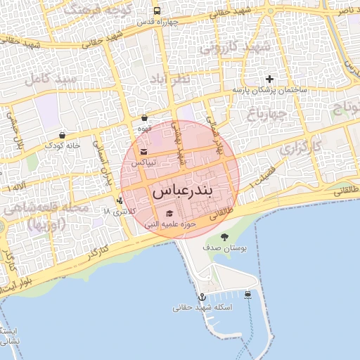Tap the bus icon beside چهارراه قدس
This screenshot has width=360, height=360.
pyautogui.click(x=156, y=11)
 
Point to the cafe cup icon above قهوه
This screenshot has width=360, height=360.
pyautogui.click(x=144, y=118)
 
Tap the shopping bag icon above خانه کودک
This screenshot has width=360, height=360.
pyautogui.click(x=63, y=134)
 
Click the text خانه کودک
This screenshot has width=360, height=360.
pyautogui.click(x=63, y=146)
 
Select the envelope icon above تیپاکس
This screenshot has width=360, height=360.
pyautogui.click(x=144, y=151)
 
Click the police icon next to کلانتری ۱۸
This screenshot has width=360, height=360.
pyautogui.click(x=120, y=210)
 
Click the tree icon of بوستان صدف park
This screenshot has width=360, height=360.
pyautogui.click(x=224, y=237)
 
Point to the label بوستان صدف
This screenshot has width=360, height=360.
pyautogui.click(x=225, y=249)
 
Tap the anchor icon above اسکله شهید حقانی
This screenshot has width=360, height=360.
pyautogui.click(x=202, y=297)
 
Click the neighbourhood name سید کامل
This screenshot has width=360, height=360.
pyautogui.click(x=51, y=79)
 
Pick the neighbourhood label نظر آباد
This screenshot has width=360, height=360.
pyautogui.click(x=170, y=80)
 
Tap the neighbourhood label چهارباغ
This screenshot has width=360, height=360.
pyautogui.click(x=268, y=113)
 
